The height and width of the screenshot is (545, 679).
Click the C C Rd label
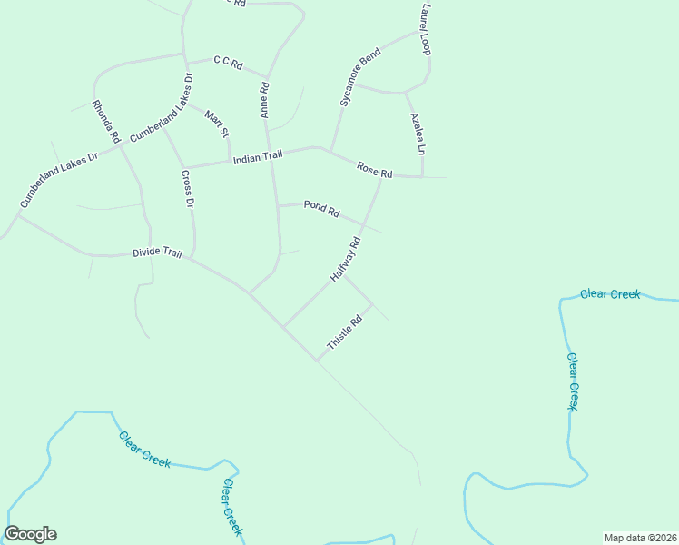(x=228, y=63)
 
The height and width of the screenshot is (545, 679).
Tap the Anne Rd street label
(x=265, y=101)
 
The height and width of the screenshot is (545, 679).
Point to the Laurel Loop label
(x=425, y=29)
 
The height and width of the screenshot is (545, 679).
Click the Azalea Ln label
(x=416, y=134)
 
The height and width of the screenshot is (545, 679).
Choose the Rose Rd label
(x=374, y=169)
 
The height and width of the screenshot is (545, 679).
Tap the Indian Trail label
(x=258, y=158)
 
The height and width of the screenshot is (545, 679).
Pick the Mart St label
(x=217, y=124)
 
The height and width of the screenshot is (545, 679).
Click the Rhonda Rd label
(x=107, y=123)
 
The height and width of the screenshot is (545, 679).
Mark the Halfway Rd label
(x=346, y=258)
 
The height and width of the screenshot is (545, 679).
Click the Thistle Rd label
(x=345, y=332)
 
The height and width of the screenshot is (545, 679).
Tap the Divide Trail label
(x=157, y=253)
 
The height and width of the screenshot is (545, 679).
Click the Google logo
(x=30, y=534)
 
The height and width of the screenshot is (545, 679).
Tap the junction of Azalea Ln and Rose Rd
(x=423, y=176)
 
